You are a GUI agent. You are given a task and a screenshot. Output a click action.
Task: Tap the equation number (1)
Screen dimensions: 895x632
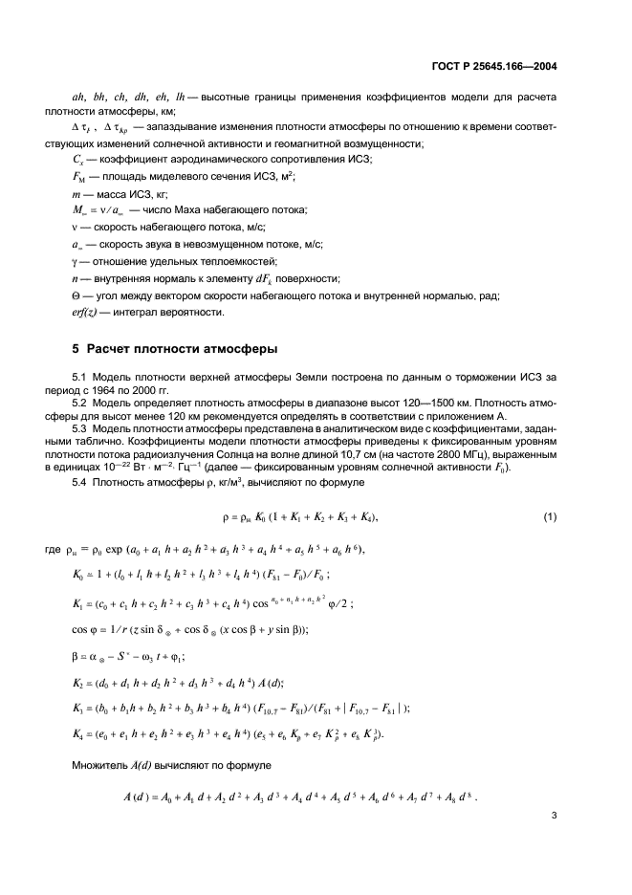click(x=550, y=517)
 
